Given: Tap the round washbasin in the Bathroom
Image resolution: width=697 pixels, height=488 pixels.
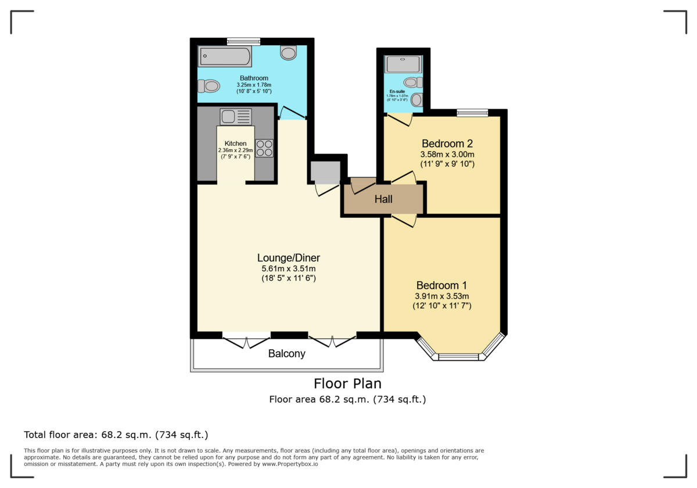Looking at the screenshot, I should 289,53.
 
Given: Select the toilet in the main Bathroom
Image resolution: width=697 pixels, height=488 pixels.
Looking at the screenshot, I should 209,87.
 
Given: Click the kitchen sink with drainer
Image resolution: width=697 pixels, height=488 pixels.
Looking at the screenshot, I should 235,117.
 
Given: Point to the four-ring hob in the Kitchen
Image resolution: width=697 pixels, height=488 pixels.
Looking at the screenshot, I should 264,148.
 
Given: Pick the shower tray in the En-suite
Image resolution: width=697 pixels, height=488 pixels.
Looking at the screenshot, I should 402,64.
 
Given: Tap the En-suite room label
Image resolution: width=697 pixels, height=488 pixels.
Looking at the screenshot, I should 398,91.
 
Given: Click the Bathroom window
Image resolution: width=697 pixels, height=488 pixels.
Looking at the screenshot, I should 243,41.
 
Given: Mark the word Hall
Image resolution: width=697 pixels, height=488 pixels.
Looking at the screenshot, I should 383,199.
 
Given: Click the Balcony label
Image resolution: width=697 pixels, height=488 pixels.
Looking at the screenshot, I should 286,353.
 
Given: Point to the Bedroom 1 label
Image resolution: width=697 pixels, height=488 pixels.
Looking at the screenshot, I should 441,285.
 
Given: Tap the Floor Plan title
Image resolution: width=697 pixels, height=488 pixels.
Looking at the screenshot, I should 347,383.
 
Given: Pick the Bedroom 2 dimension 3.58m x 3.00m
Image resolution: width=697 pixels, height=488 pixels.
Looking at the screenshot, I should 447,155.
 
